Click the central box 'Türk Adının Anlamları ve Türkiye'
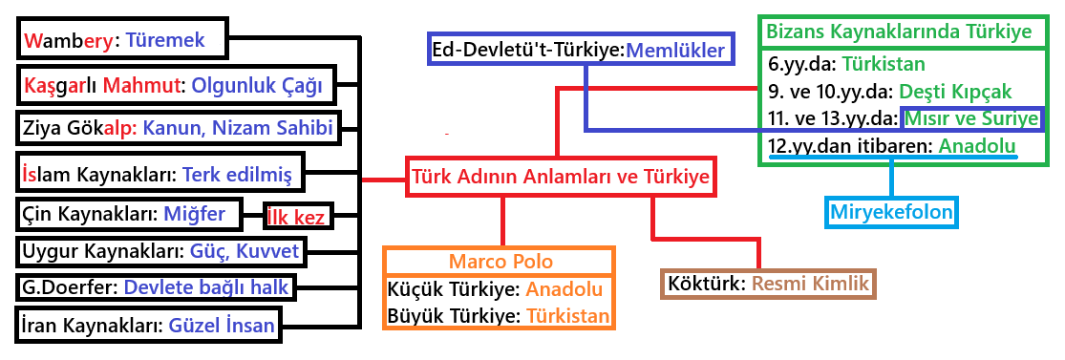pos(561,177)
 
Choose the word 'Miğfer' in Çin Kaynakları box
pos(194,215)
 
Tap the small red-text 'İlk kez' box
pos(297,217)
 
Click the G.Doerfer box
pos(155,286)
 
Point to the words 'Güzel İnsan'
pos(220,325)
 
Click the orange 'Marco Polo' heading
pos(501,263)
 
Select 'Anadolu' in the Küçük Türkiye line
pos(564,290)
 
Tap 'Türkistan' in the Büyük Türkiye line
pos(568,316)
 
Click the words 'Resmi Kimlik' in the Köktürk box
pos(810,284)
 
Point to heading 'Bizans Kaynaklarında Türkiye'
pos(899,32)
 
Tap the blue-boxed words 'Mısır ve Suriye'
pos(972,118)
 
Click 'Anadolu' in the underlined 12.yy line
pos(977,145)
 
